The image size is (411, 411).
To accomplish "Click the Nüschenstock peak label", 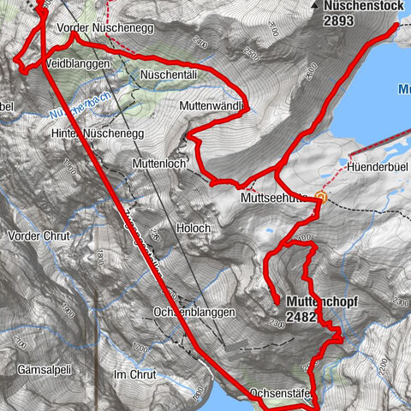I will (361, 6).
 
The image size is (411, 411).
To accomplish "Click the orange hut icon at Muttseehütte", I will (321, 196).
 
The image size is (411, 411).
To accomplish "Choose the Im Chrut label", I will (135, 375).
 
